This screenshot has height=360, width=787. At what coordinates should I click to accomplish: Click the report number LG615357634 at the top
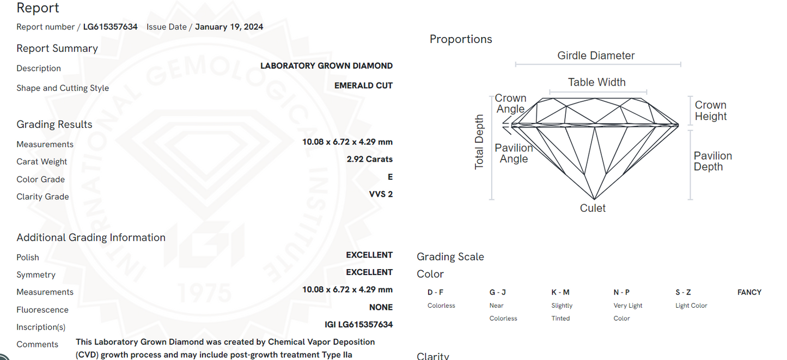click(110, 27)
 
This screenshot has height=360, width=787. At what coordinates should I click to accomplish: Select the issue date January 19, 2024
click(229, 27)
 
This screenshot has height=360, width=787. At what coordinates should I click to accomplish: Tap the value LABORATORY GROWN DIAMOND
click(326, 66)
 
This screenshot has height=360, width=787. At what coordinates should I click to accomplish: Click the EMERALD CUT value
click(363, 86)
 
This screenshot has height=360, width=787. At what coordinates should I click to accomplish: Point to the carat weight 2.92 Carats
click(369, 160)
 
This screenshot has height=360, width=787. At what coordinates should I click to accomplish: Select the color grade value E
click(390, 177)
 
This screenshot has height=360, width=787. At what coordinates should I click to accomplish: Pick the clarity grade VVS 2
click(381, 194)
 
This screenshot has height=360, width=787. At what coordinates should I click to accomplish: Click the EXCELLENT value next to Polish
click(369, 255)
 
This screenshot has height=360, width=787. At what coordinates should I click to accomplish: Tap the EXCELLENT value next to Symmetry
click(369, 272)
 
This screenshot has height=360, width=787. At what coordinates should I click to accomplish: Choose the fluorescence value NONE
click(381, 307)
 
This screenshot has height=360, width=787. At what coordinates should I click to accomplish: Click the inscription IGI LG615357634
click(358, 325)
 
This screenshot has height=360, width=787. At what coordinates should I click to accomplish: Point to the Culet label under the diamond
click(593, 208)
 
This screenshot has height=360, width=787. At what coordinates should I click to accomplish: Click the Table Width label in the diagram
click(596, 82)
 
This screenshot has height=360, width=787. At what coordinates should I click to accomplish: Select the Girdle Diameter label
click(596, 56)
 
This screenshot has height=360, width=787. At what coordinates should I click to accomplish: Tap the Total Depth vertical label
click(479, 142)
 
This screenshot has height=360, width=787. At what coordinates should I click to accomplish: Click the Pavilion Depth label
click(712, 161)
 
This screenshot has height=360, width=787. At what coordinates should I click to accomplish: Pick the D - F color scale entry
click(435, 292)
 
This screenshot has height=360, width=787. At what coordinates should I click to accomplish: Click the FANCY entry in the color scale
click(749, 292)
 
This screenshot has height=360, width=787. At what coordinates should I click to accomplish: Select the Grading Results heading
click(54, 125)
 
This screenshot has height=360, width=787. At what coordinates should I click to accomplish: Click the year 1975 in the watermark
click(204, 294)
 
